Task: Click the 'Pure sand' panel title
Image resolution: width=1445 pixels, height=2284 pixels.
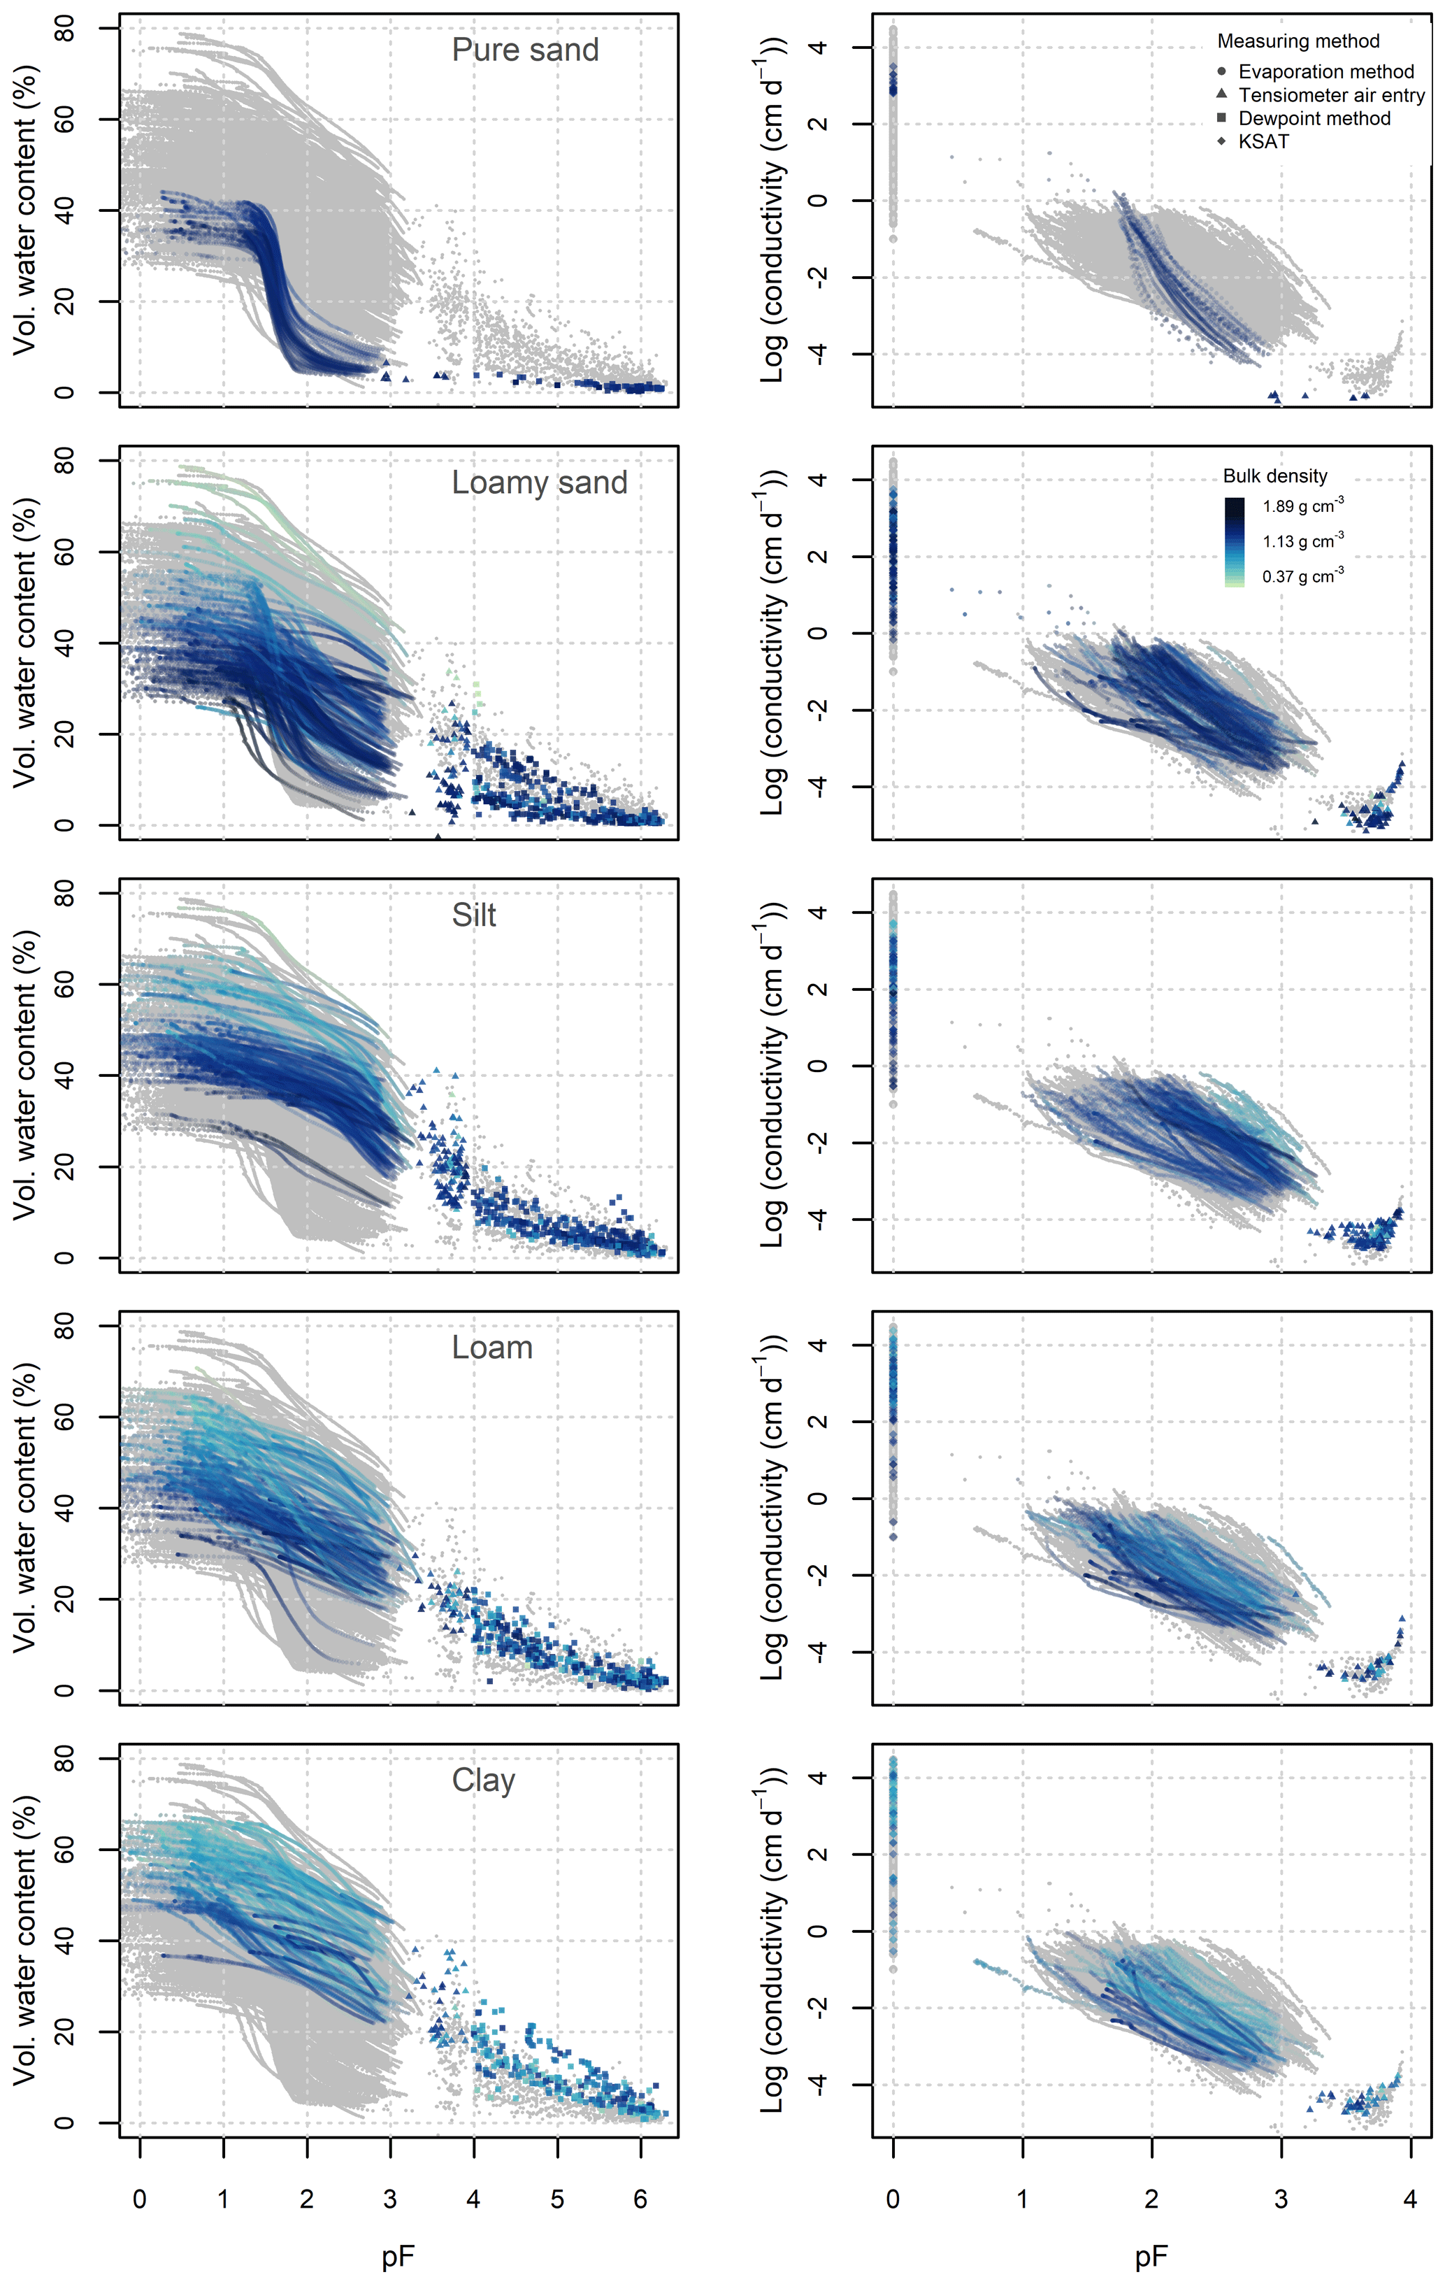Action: pos(524,50)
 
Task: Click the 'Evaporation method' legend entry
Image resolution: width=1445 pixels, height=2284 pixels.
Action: pos(1325,72)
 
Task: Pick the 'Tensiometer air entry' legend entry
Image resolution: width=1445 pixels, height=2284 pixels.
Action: pos(1330,95)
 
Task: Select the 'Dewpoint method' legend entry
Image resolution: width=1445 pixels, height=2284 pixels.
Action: pos(1313,119)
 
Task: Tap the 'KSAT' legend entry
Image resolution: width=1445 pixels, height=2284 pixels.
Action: pos(1263,141)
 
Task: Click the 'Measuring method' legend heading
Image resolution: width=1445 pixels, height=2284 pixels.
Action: pos(1298,41)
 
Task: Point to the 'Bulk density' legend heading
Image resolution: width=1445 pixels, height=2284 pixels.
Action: pos(1274,476)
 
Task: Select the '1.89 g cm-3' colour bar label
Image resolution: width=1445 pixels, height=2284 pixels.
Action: pos(1302,506)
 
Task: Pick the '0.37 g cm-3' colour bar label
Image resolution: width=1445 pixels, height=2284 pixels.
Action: pos(1302,576)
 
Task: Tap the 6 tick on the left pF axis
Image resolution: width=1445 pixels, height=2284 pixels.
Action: pos(640,2199)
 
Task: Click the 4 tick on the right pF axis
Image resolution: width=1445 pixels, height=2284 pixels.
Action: pos(1410,2199)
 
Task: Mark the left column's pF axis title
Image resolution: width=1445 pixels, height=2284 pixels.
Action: pos(398,2257)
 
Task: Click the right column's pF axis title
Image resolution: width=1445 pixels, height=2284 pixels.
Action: pos(1151,2257)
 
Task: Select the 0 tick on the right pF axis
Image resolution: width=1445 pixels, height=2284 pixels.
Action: pos(892,2199)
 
